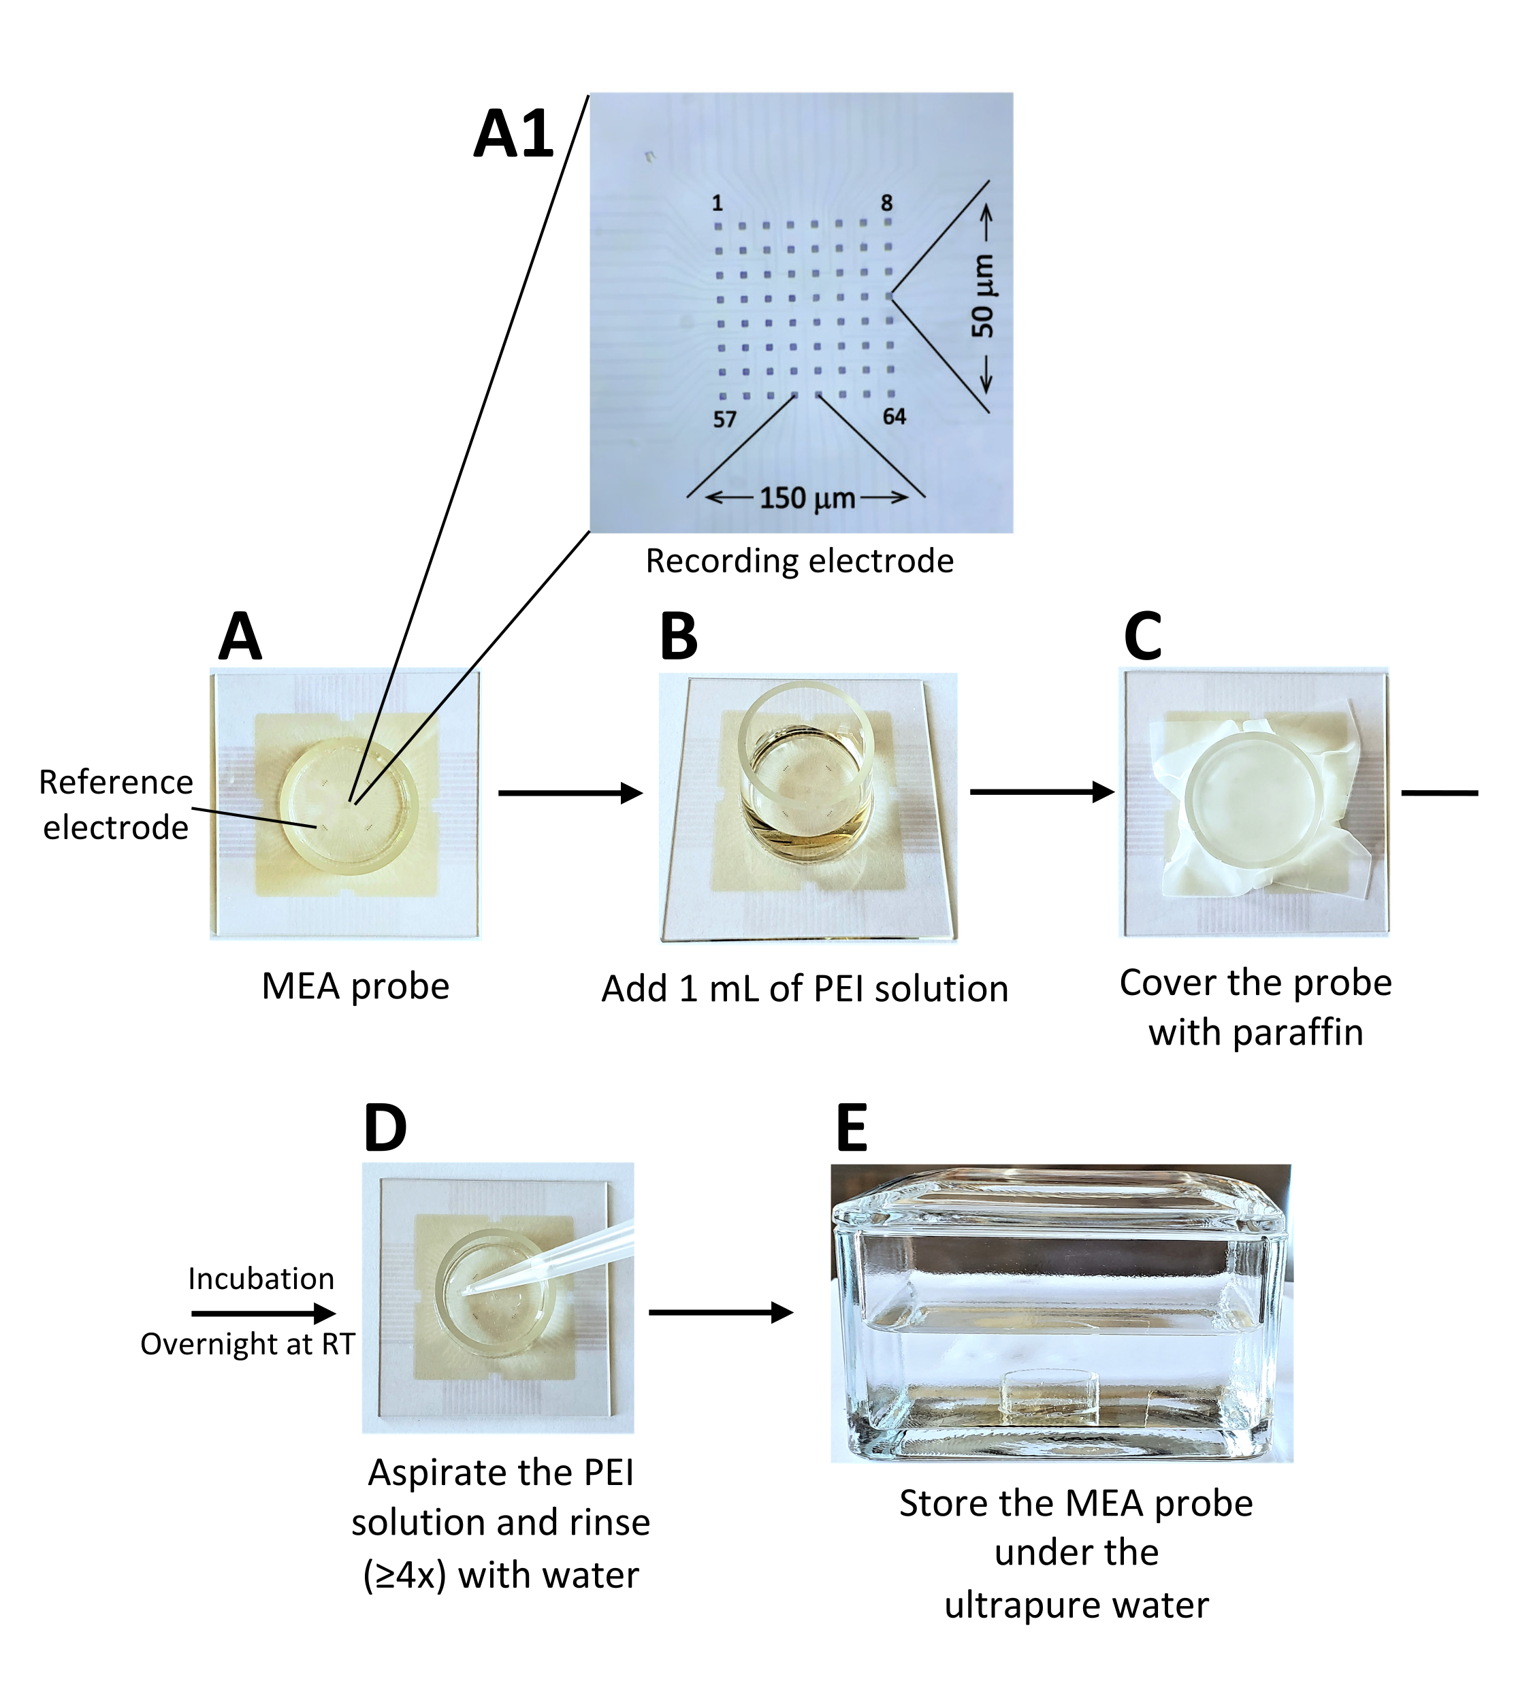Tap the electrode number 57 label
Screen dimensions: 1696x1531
click(x=724, y=419)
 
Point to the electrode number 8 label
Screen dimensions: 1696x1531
click(x=886, y=203)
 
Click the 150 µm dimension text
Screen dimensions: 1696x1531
click(x=807, y=498)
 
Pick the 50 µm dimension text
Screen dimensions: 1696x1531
click(x=982, y=296)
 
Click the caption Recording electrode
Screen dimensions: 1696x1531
click(x=799, y=561)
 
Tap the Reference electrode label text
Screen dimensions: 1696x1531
click(x=116, y=804)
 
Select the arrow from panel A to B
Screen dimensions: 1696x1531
click(x=570, y=792)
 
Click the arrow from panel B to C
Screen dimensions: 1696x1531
click(x=1042, y=792)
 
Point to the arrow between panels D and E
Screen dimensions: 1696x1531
click(x=720, y=1311)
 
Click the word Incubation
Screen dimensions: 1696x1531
click(x=261, y=1278)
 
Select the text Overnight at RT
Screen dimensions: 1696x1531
click(x=247, y=1343)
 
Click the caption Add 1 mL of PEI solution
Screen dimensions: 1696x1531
click(x=804, y=989)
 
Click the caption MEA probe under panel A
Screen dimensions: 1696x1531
click(x=355, y=986)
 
